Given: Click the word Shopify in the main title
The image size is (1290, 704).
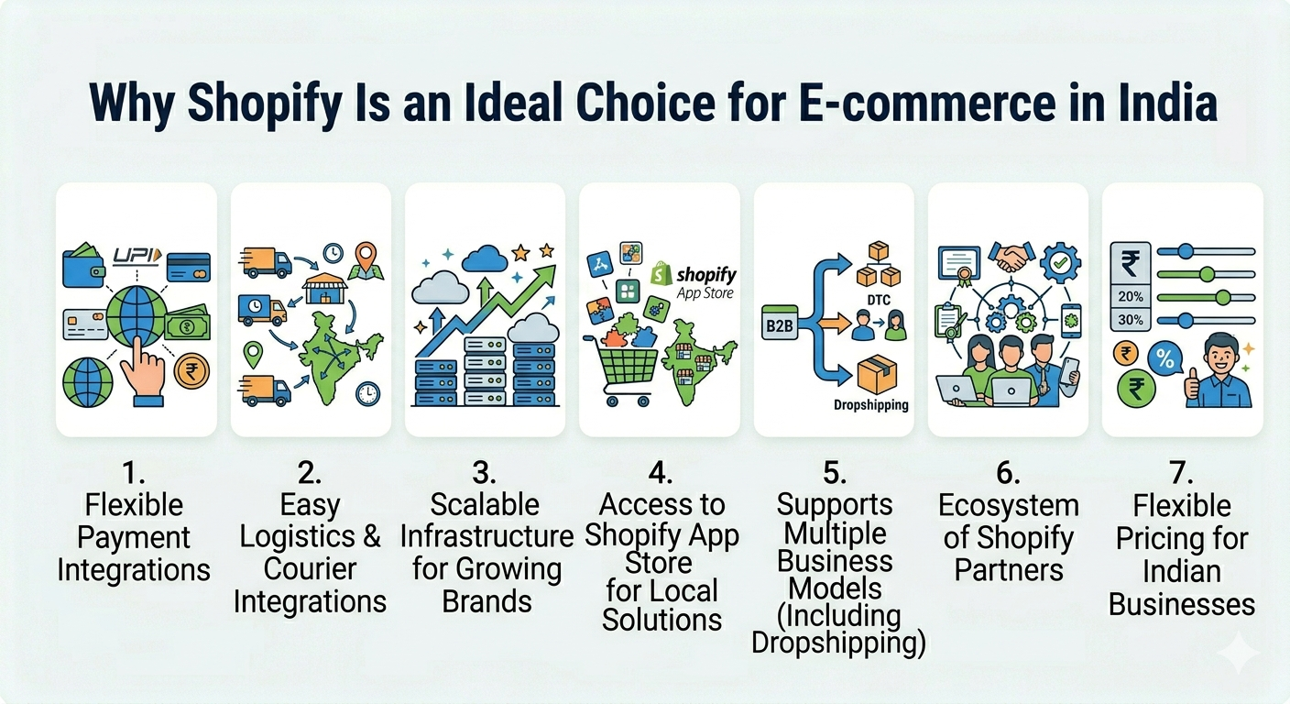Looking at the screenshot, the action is point(265,104).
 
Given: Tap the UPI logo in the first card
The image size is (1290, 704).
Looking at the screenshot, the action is point(137,256).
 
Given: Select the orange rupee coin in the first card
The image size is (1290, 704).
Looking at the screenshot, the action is point(191,371).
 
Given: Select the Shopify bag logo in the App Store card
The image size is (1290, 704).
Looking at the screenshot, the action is point(661,274).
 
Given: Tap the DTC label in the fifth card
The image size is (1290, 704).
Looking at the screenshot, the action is point(879,300).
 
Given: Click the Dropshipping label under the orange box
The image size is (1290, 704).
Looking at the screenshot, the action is point(870,405).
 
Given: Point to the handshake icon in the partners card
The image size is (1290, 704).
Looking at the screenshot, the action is point(1011,258).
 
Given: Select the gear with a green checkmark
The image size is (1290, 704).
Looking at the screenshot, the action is point(1060,263).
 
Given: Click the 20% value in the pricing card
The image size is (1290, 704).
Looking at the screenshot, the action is point(1130,297).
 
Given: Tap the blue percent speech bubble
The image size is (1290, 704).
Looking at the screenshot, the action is point(1165,360).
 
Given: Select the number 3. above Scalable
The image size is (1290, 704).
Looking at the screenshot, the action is point(484,474).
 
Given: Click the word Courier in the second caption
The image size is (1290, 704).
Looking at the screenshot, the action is point(310,569).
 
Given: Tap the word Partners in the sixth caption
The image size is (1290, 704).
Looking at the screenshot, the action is point(1009,570).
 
